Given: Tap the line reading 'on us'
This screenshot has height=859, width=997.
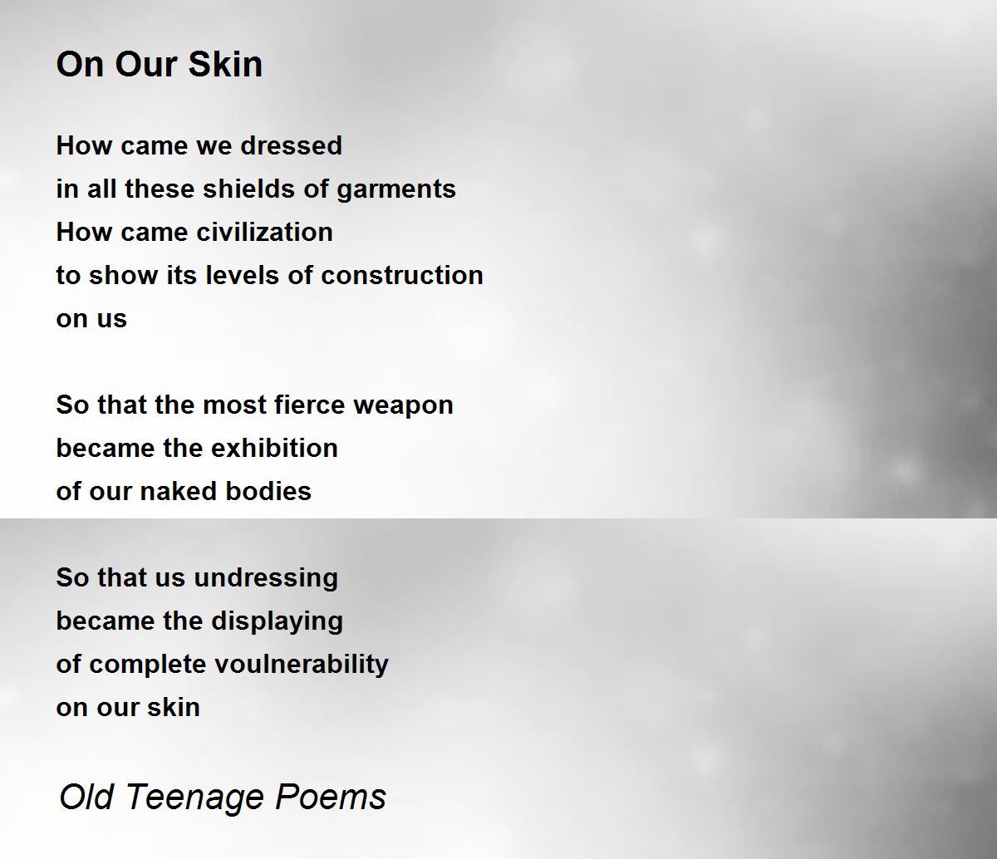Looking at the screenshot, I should pyautogui.click(x=91, y=318).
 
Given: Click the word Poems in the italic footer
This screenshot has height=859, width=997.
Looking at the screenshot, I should pyautogui.click(x=331, y=798).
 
